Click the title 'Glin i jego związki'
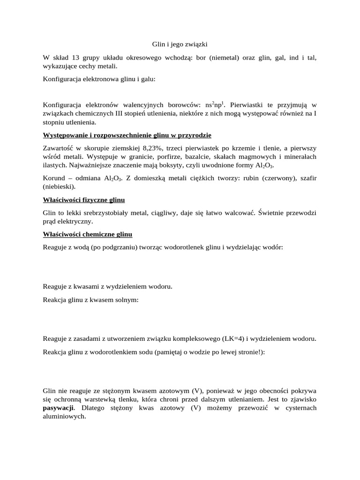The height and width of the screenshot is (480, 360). click(180, 44)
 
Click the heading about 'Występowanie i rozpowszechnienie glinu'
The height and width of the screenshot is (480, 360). click(127, 135)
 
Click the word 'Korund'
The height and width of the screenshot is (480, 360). click(54, 178)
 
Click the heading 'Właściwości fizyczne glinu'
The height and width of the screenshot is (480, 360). click(84, 200)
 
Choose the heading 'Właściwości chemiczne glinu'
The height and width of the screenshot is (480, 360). click(88, 234)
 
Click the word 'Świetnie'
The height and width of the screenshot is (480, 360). click(252, 213)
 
